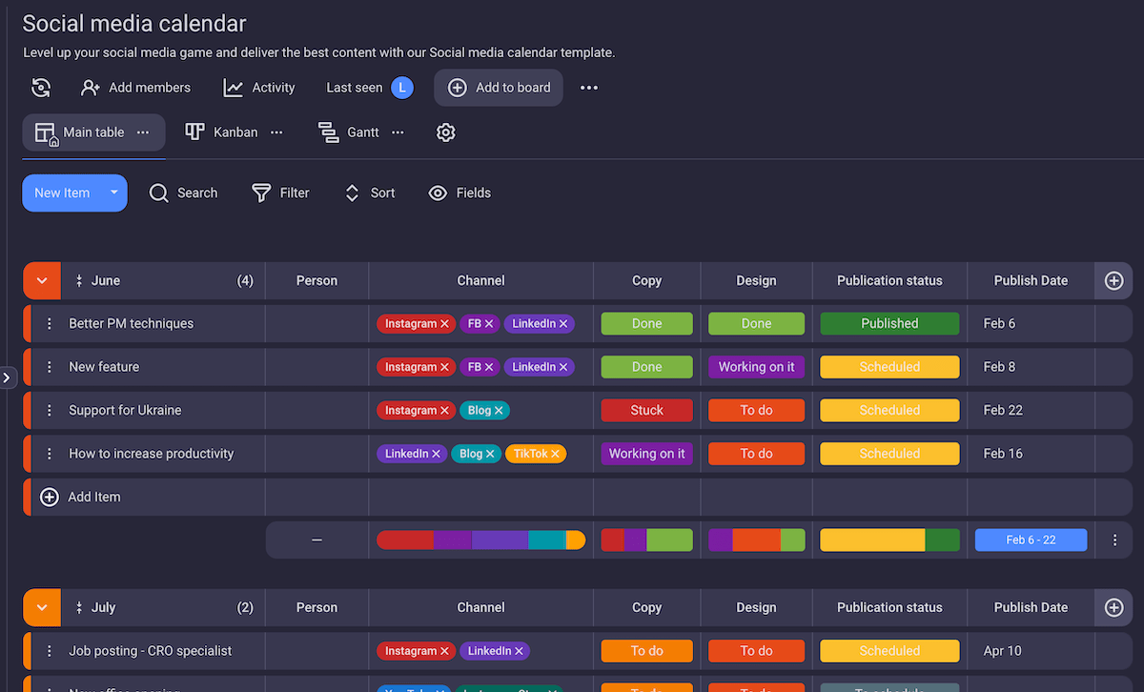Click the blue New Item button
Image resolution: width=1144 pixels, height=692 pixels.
[x=62, y=193]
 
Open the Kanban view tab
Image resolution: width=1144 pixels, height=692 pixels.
[x=223, y=132]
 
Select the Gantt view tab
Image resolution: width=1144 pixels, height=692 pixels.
[x=350, y=132]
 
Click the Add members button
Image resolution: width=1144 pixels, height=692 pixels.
[x=135, y=88]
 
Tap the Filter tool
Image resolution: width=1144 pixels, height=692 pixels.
[x=280, y=193]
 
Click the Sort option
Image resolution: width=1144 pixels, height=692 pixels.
[x=370, y=193]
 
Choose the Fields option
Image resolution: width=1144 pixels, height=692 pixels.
[x=460, y=193]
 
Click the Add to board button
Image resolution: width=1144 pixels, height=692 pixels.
[x=499, y=88]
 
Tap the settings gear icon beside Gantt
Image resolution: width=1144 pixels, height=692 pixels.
[x=445, y=132]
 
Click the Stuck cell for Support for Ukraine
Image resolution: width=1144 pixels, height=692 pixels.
[x=646, y=411]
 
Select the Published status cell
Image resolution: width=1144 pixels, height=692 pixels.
[x=889, y=324]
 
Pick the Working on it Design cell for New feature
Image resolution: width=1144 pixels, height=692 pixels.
[x=756, y=367]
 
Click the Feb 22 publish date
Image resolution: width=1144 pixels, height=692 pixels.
[x=1003, y=411]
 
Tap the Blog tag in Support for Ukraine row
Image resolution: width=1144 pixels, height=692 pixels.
[x=480, y=411]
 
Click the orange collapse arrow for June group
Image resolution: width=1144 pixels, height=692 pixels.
[x=41, y=281]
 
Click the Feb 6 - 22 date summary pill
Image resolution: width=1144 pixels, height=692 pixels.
[x=1031, y=540]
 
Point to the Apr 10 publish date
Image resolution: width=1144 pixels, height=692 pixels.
[x=1002, y=651]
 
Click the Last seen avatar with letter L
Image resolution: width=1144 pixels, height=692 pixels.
[x=402, y=88]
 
